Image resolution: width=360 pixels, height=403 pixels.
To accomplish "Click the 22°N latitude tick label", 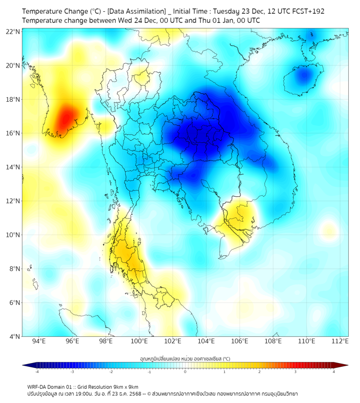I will (x=13, y=31).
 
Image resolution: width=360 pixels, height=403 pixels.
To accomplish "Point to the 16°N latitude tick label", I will (x=13, y=133).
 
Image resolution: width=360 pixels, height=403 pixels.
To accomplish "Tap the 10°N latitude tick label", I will (x=13, y=235).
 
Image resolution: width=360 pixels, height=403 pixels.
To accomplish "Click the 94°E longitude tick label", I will (x=39, y=341).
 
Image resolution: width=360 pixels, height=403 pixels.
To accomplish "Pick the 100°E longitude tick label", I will (x=140, y=341).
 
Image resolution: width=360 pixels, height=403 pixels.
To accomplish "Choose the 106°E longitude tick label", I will (x=240, y=341).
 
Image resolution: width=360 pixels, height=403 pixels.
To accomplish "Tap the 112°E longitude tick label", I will (x=340, y=341).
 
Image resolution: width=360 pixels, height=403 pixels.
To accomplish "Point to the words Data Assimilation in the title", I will (x=137, y=11).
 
